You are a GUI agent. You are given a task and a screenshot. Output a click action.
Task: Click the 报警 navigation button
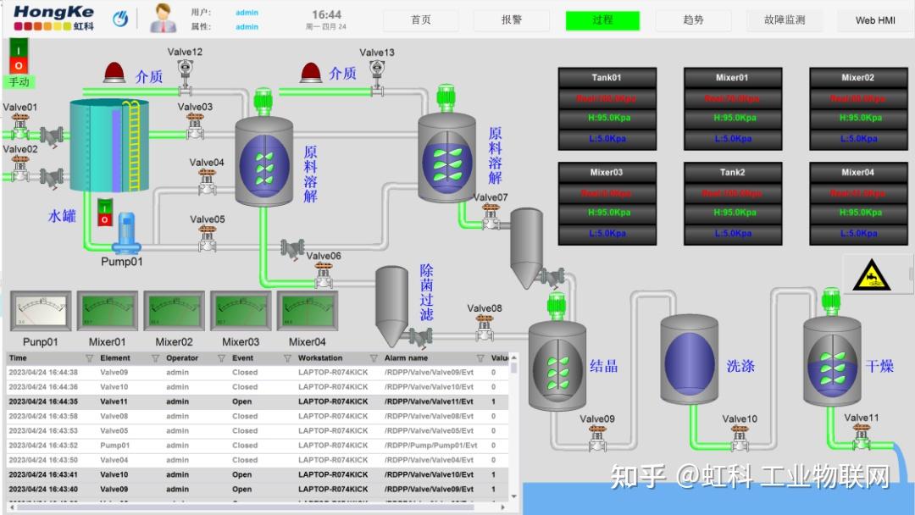[x=512, y=19]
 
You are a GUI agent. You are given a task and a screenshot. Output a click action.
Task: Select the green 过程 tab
[x=602, y=19]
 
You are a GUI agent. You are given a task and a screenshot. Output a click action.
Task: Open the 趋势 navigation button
[x=693, y=19]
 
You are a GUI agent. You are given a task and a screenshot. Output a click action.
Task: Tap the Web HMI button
[x=875, y=19]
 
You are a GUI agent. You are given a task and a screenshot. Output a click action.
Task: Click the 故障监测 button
[x=785, y=19]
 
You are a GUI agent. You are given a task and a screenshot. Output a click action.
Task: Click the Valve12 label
[x=185, y=53]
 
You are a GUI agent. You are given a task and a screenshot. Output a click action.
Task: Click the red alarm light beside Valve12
[x=114, y=73]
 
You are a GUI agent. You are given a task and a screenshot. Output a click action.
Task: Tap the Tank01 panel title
[x=607, y=78]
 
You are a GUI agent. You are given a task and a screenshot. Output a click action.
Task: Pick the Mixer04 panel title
[x=857, y=173]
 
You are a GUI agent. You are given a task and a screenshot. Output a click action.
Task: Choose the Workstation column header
[x=320, y=358]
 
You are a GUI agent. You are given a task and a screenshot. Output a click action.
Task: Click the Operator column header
[x=182, y=358]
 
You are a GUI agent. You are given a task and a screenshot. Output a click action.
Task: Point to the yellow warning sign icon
[x=867, y=276]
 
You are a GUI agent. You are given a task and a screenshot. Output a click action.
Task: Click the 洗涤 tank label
[x=740, y=366]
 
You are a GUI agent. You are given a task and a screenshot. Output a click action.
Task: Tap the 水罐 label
[x=62, y=216]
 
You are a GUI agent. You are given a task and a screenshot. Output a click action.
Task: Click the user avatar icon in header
[x=163, y=19]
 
